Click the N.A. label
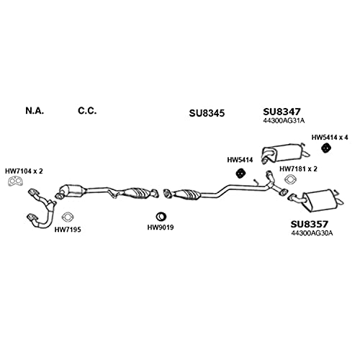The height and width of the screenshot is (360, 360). click(35, 111)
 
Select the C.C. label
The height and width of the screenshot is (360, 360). click(87, 111)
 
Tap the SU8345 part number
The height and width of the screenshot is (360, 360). click(207, 113)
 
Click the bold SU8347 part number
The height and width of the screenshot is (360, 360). click(282, 112)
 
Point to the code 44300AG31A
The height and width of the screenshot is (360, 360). click(284, 120)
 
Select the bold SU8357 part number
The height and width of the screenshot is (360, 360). click(309, 224)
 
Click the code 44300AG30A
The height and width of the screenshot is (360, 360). click(312, 233)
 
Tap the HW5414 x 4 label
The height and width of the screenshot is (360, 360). click(330, 138)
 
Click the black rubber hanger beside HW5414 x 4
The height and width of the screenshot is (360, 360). click(325, 148)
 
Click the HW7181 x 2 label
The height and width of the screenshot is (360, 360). click(298, 169)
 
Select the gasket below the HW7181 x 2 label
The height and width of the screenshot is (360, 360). click(290, 179)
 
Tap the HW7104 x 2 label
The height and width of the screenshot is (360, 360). click(24, 171)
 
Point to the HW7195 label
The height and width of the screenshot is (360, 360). click(68, 230)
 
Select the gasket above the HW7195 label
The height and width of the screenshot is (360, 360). click(68, 217)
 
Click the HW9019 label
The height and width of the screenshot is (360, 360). click(161, 228)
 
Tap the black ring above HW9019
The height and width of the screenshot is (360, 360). click(161, 217)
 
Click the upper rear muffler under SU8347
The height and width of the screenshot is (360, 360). click(285, 153)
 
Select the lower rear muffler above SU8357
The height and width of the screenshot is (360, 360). click(318, 199)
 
